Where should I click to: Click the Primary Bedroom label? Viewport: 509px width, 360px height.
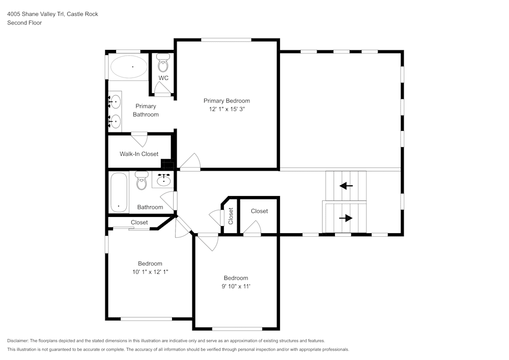pos(227,101)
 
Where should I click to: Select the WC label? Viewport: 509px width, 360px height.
pos(163,78)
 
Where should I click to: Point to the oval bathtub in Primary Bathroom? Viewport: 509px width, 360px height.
pos(129,67)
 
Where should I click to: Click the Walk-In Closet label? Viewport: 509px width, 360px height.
pos(139,154)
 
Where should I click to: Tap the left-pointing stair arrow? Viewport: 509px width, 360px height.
pos(346,186)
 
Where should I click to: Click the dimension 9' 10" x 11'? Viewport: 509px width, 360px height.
pos(236,286)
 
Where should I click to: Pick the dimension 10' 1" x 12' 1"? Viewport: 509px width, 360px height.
pos(150,272)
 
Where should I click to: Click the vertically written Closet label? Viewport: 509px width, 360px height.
pos(231,216)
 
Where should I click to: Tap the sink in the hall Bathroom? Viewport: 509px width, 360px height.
pos(164,180)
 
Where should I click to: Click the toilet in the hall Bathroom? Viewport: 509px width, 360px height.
pos(141,180)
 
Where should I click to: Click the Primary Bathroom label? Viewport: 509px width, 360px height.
pos(146,110)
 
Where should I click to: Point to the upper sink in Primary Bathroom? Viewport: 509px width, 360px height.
pos(116,102)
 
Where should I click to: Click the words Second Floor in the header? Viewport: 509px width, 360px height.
pos(24,23)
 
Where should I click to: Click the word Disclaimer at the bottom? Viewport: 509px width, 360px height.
pos(18,341)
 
